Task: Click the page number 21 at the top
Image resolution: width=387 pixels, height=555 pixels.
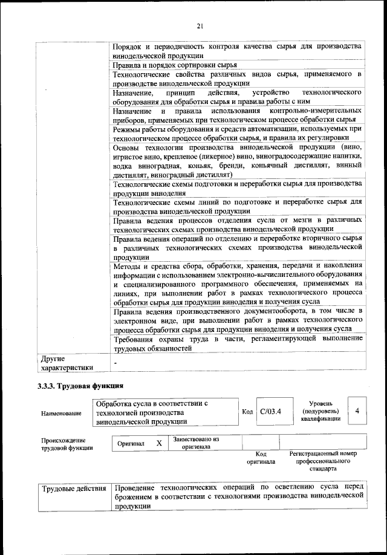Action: (200, 25)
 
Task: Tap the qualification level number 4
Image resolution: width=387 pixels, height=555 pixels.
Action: (357, 411)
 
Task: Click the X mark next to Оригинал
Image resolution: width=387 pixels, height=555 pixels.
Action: (159, 443)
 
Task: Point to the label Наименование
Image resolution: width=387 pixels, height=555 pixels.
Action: (60, 413)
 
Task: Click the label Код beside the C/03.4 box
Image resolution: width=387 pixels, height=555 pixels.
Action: (247, 412)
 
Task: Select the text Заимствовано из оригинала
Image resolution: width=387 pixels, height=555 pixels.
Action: (195, 443)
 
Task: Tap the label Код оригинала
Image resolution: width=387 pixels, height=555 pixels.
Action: (261, 458)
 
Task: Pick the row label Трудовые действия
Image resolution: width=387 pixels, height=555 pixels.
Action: (74, 487)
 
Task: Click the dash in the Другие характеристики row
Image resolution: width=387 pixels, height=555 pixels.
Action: (115, 362)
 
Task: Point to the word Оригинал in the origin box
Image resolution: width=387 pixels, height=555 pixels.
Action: (131, 444)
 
